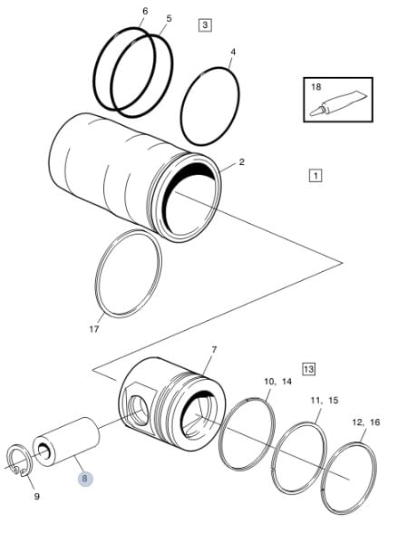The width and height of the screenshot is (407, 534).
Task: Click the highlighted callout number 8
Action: point(85,479)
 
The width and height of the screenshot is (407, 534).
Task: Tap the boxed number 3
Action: point(205,24)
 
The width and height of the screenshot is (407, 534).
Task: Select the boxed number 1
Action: point(315,176)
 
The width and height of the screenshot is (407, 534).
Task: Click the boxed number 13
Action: point(308,369)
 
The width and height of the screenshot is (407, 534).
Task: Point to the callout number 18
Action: point(316,87)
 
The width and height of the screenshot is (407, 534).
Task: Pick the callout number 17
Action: point(94,329)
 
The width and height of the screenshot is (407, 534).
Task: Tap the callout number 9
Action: point(37,497)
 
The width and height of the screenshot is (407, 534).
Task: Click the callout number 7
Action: point(214,350)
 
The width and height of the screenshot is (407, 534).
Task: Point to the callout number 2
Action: point(241,162)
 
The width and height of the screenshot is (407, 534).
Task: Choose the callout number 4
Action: point(233,52)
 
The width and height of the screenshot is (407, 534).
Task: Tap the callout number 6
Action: point(145,11)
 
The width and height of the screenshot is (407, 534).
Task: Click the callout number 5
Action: point(169,18)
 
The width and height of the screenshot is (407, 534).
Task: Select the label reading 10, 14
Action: point(278,382)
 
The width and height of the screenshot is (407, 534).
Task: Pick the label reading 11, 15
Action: point(325,400)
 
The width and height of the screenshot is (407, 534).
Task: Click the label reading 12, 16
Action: point(366,422)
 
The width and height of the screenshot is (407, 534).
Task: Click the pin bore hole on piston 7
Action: point(139,411)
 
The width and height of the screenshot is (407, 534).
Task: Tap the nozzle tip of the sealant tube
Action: point(311,114)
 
